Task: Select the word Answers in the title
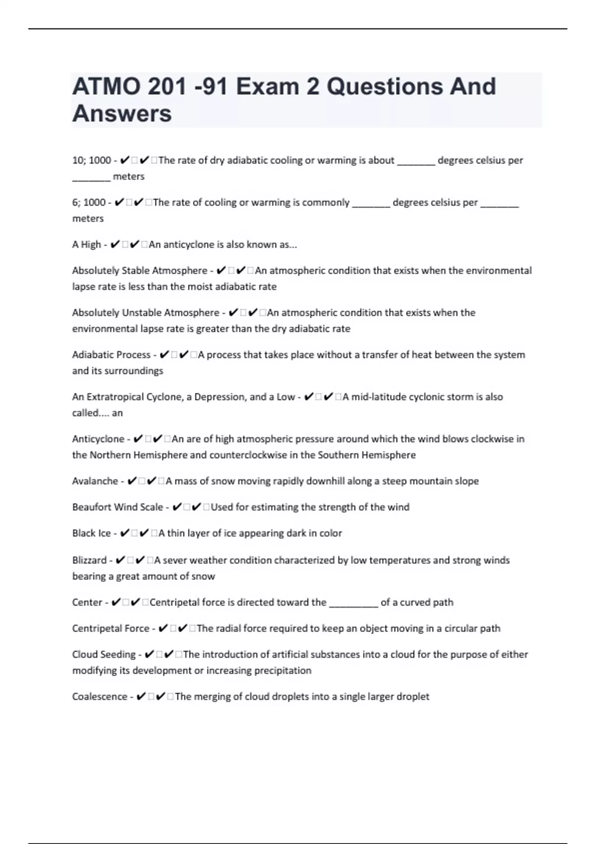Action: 122,113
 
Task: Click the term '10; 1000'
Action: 91,160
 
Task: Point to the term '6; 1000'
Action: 89,203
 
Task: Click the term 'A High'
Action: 86,244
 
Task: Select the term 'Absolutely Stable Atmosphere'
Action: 140,271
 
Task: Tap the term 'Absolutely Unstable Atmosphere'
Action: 146,313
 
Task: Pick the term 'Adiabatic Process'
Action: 111,355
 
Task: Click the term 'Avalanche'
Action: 95,481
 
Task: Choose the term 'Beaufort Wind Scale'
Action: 117,507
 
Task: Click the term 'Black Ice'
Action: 91,533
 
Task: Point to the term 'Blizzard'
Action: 89,560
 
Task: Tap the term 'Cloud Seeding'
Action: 104,654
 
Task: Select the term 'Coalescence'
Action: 99,697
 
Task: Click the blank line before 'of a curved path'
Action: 354,603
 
